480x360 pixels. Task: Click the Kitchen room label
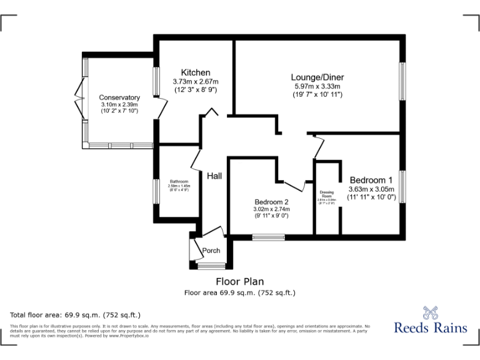click(196, 72)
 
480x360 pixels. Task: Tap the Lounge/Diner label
click(317, 77)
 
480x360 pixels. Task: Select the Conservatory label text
click(119, 97)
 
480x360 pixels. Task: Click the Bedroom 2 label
click(271, 202)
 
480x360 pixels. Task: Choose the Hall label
click(214, 176)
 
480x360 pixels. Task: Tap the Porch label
click(211, 251)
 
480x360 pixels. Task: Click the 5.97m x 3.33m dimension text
click(317, 86)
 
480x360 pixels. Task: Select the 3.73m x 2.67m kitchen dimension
click(196, 81)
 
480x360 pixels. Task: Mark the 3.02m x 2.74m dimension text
click(271, 209)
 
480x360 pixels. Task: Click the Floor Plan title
click(240, 281)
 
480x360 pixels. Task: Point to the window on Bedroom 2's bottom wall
click(269, 237)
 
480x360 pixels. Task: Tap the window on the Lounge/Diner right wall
click(404, 81)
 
